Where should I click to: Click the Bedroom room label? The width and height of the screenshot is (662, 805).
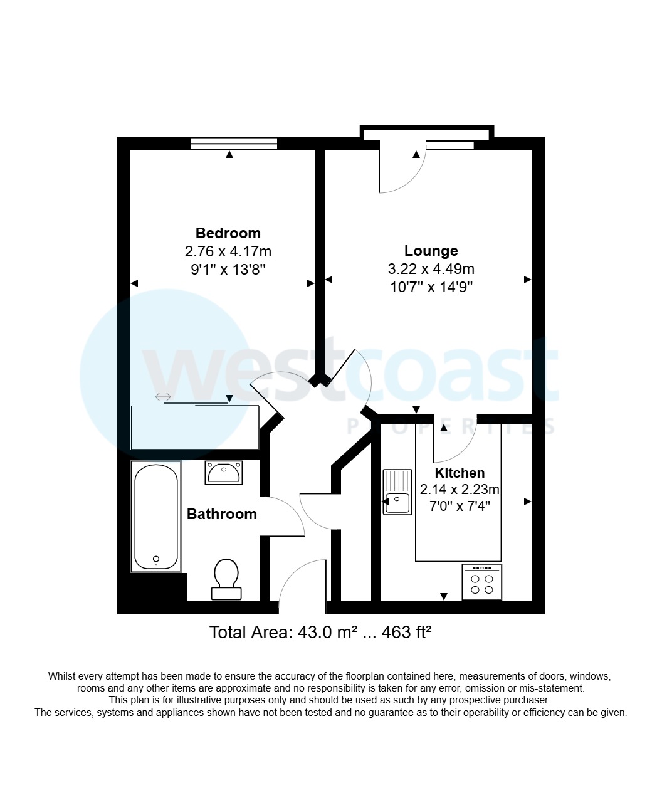[x=228, y=233]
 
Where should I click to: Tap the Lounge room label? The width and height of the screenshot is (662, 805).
[x=431, y=251]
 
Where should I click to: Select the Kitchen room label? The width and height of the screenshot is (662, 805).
[x=460, y=473]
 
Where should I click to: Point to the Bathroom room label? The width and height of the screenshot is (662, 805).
[x=222, y=514]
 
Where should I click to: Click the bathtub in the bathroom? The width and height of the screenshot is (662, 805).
[x=156, y=517]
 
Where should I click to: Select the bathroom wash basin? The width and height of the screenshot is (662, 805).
[x=224, y=473]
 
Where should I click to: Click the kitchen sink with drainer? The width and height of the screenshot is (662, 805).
[x=397, y=492]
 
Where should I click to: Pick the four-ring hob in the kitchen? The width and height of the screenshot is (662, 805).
[x=481, y=582]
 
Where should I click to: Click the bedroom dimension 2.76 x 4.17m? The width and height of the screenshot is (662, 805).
[x=228, y=252]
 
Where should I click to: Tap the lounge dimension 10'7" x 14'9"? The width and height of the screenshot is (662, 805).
[x=431, y=288]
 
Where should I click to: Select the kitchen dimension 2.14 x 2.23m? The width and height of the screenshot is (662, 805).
[x=460, y=490]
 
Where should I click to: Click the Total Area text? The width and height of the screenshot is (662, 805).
[x=320, y=632]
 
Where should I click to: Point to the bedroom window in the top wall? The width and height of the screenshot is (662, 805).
[x=233, y=144]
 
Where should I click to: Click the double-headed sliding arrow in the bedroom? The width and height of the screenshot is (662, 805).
[x=164, y=396]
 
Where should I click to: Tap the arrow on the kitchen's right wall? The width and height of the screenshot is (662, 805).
[x=527, y=502]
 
